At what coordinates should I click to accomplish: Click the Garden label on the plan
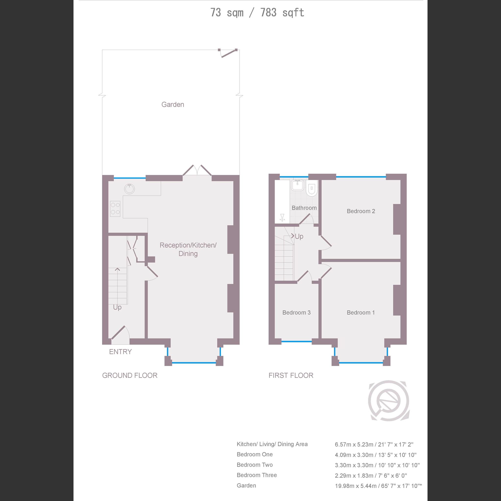[x=173, y=105]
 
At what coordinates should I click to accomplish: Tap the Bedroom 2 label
[x=361, y=211]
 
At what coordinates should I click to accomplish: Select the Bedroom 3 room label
[x=296, y=312]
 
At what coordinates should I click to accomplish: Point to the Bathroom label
[x=304, y=208]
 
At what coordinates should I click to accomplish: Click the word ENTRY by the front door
[x=120, y=352]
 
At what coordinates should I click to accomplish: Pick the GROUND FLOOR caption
[x=130, y=375]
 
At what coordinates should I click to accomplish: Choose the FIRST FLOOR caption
[x=291, y=375]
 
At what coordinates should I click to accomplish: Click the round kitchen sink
[x=129, y=189]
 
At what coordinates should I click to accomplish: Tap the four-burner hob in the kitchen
[x=115, y=209]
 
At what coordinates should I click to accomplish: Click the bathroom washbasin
[x=297, y=185]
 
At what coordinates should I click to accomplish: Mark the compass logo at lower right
[x=389, y=401]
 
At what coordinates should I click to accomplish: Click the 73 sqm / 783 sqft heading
[x=257, y=12]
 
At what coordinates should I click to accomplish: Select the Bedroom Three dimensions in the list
[x=371, y=475]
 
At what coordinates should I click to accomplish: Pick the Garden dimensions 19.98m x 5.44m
[x=378, y=486]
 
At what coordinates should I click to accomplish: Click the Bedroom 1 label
[x=361, y=312]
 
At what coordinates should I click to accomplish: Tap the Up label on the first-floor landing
[x=299, y=236]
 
